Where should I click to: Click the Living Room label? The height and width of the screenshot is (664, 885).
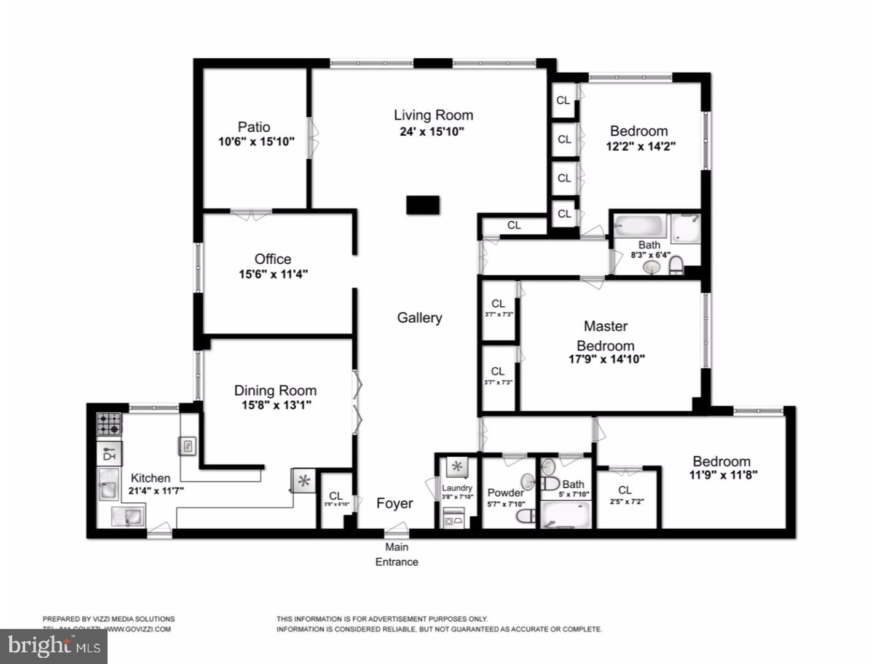click(x=433, y=115)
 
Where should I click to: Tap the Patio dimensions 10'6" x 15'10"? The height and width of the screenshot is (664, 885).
click(x=256, y=142)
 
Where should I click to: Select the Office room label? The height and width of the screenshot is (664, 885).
click(x=273, y=259)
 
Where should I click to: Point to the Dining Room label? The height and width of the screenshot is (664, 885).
click(x=275, y=390)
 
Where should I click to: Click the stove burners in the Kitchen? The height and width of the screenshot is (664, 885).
click(x=109, y=424)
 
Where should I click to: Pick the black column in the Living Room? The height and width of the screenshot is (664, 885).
click(x=423, y=205)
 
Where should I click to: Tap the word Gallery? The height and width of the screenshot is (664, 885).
click(x=419, y=318)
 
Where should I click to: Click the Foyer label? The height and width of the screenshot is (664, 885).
click(x=395, y=504)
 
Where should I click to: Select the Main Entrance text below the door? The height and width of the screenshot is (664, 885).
click(x=397, y=555)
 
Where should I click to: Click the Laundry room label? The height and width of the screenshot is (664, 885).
click(x=457, y=488)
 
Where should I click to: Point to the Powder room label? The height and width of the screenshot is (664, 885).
click(x=505, y=492)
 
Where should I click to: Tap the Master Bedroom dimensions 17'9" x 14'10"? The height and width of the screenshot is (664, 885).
click(x=607, y=359)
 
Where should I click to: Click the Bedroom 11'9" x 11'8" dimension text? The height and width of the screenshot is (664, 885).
click(x=723, y=475)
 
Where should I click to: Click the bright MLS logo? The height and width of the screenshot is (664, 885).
click(x=53, y=646)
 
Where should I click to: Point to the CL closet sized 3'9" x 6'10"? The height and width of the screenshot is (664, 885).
click(x=336, y=499)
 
